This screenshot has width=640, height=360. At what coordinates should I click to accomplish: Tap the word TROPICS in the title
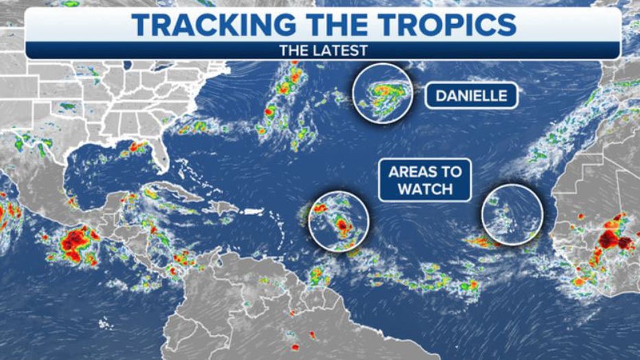[440, 25]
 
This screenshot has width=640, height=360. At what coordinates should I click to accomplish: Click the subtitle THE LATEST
[323, 50]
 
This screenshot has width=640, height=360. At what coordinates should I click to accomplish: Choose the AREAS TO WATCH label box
[424, 180]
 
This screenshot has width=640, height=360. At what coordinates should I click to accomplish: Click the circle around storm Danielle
[382, 93]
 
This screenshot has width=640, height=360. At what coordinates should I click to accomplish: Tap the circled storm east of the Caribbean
[339, 220]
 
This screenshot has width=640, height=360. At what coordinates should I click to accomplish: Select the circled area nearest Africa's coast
[512, 213]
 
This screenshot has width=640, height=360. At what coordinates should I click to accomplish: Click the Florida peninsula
[159, 158]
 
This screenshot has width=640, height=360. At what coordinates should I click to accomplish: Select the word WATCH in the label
[425, 188]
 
